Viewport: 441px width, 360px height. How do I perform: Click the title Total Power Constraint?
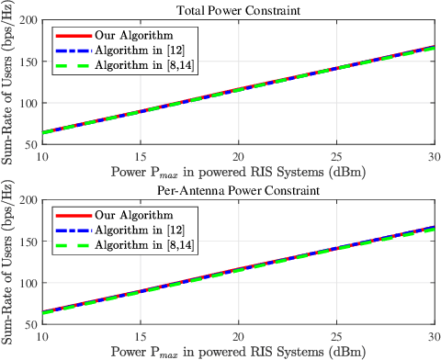[239, 11]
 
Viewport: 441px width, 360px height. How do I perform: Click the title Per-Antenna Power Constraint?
[239, 191]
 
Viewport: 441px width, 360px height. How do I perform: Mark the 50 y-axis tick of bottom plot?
[29, 324]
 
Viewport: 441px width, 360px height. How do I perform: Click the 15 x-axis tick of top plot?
[141, 156]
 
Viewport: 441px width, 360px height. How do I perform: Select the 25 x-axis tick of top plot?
[336, 156]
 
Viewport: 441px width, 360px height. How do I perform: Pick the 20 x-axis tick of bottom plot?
[239, 336]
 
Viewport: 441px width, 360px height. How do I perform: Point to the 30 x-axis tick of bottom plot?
[433, 336]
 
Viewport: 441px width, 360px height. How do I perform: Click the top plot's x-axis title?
[239, 170]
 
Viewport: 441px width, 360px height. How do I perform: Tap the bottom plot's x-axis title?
[239, 351]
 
